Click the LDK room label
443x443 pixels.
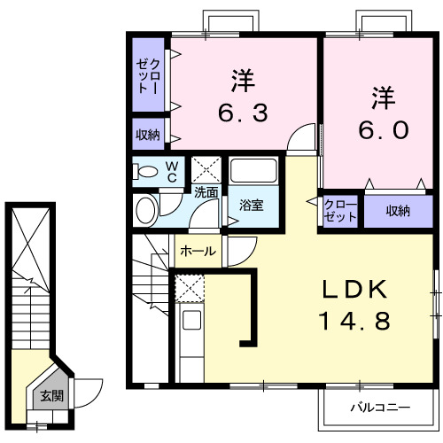point(353,290)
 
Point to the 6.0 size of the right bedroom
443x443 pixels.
point(382,129)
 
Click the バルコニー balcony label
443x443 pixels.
point(378,408)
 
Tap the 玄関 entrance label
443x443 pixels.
point(51,396)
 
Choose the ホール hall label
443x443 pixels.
point(198,252)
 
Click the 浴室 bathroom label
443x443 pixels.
point(251,206)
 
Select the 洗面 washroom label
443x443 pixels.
point(206,190)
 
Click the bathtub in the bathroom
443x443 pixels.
point(253,170)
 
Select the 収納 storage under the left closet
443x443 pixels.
point(148,135)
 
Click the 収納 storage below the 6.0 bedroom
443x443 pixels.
point(398,211)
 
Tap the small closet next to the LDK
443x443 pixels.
point(339,211)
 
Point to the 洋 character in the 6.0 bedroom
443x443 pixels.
point(382,96)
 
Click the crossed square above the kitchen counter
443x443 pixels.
point(190,288)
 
